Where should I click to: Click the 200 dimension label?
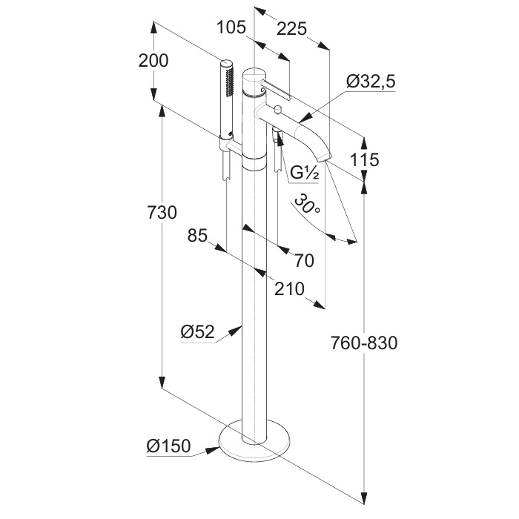pos(153,61)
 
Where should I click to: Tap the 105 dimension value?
pos(231,27)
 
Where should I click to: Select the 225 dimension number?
pos(292,29)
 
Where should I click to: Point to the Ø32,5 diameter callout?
pos(371,82)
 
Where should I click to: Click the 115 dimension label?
pos(364,160)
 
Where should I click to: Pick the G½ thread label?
pos(304,173)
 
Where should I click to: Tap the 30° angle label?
pos(307,204)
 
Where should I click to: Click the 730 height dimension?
pos(162,213)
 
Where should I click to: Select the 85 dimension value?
pos(197,236)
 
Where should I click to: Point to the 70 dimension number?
pos(304,261)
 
